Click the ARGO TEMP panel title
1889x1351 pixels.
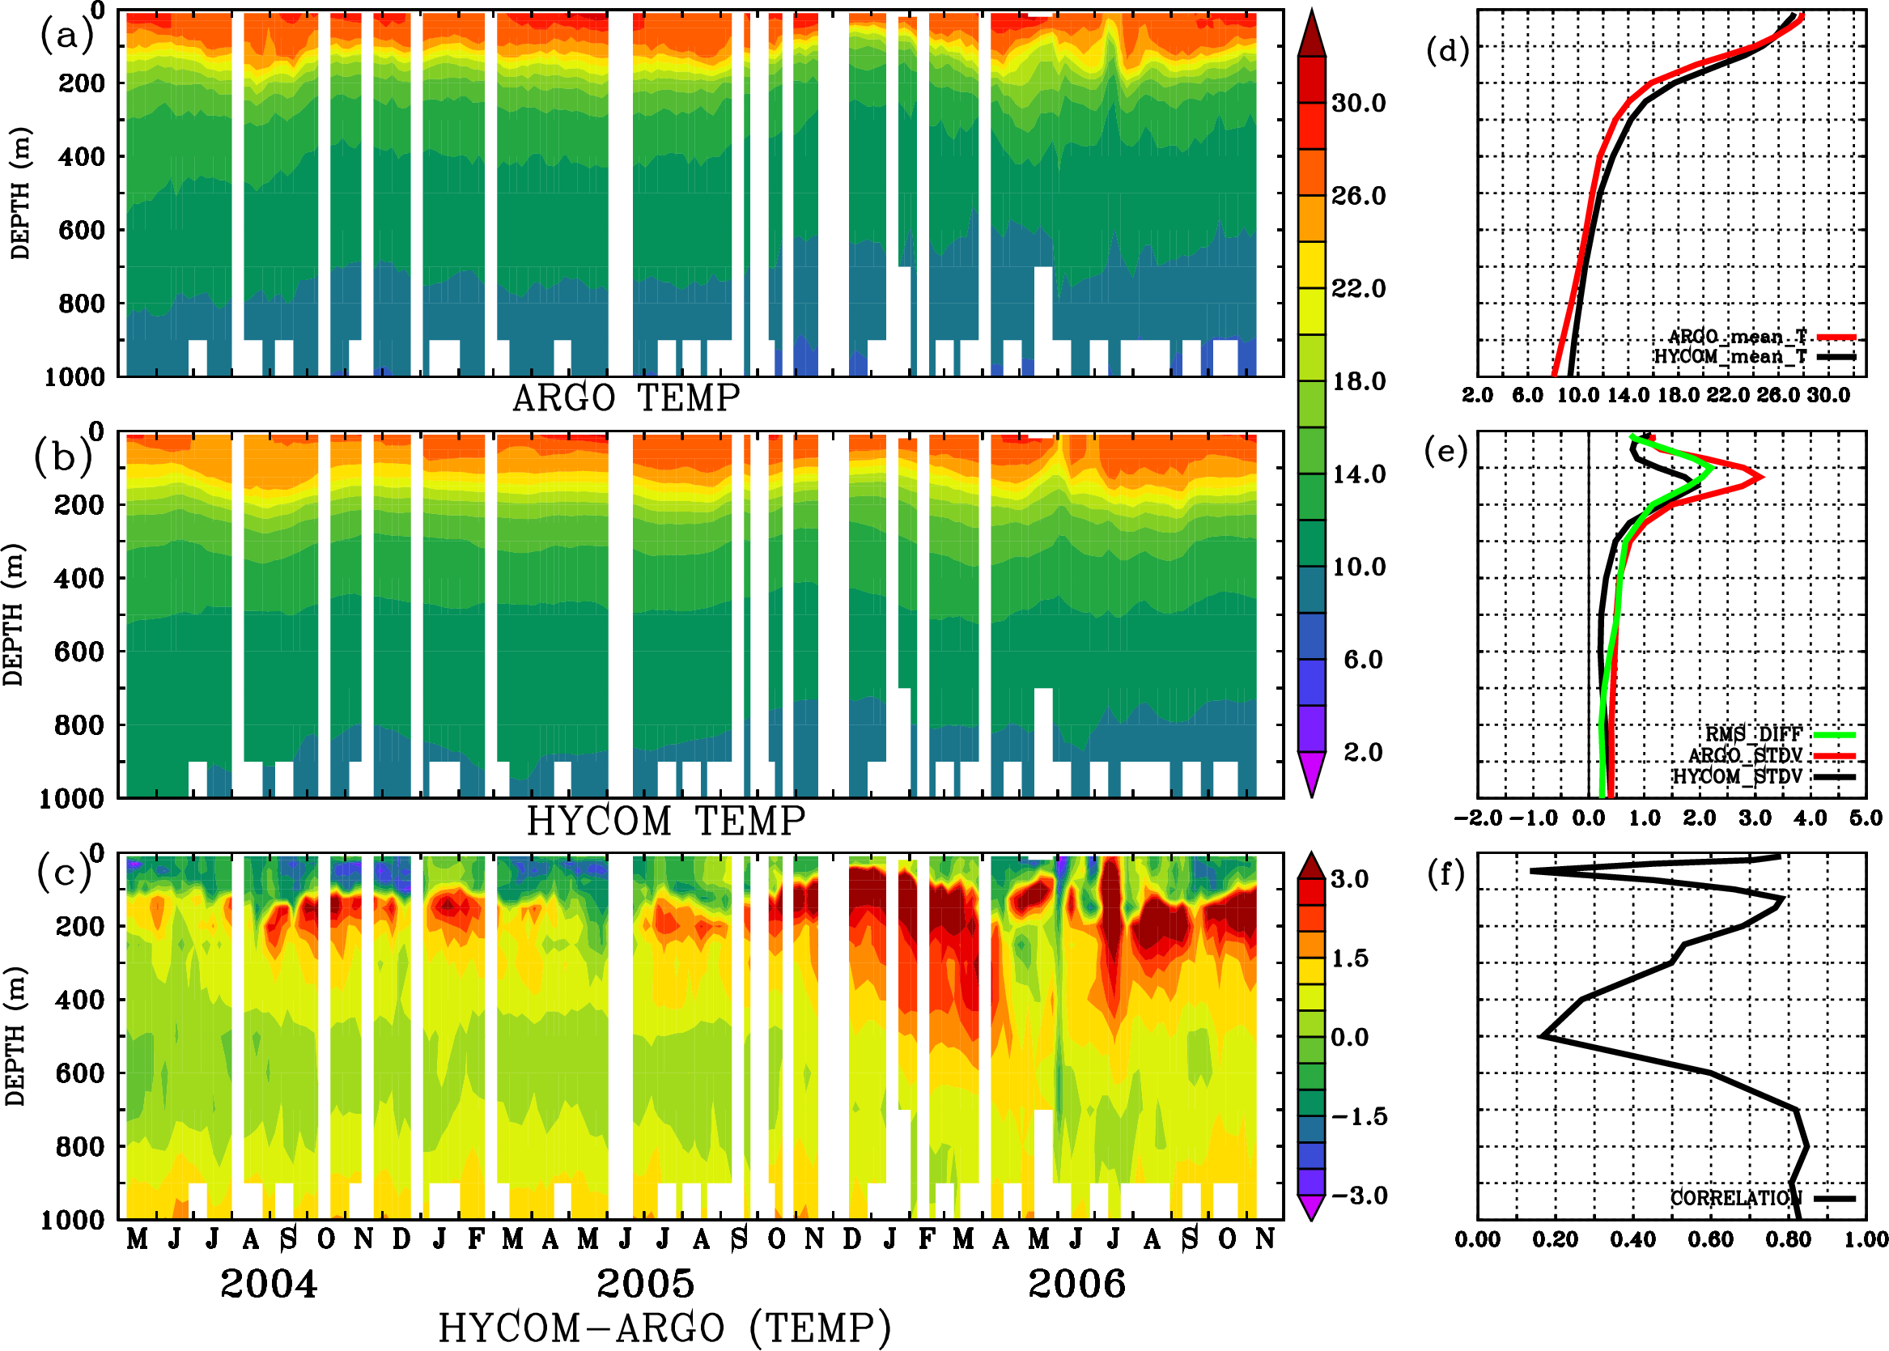[626, 398]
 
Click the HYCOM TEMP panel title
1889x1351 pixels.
[666, 821]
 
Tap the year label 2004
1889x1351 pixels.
[269, 1284]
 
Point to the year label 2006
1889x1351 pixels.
[1077, 1284]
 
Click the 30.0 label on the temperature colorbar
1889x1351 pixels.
[1358, 103]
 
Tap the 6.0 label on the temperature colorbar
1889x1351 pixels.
[1362, 660]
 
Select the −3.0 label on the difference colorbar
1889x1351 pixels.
[1359, 1196]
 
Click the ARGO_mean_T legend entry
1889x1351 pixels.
[1737, 337]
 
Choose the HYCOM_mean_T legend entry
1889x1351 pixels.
[1730, 357]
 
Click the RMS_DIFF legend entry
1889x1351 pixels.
[1753, 734]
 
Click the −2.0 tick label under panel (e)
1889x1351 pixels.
[1478, 818]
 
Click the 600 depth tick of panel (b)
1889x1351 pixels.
[79, 652]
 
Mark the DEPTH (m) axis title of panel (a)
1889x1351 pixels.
[20, 193]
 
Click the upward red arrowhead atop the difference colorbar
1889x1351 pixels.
[1312, 865]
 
